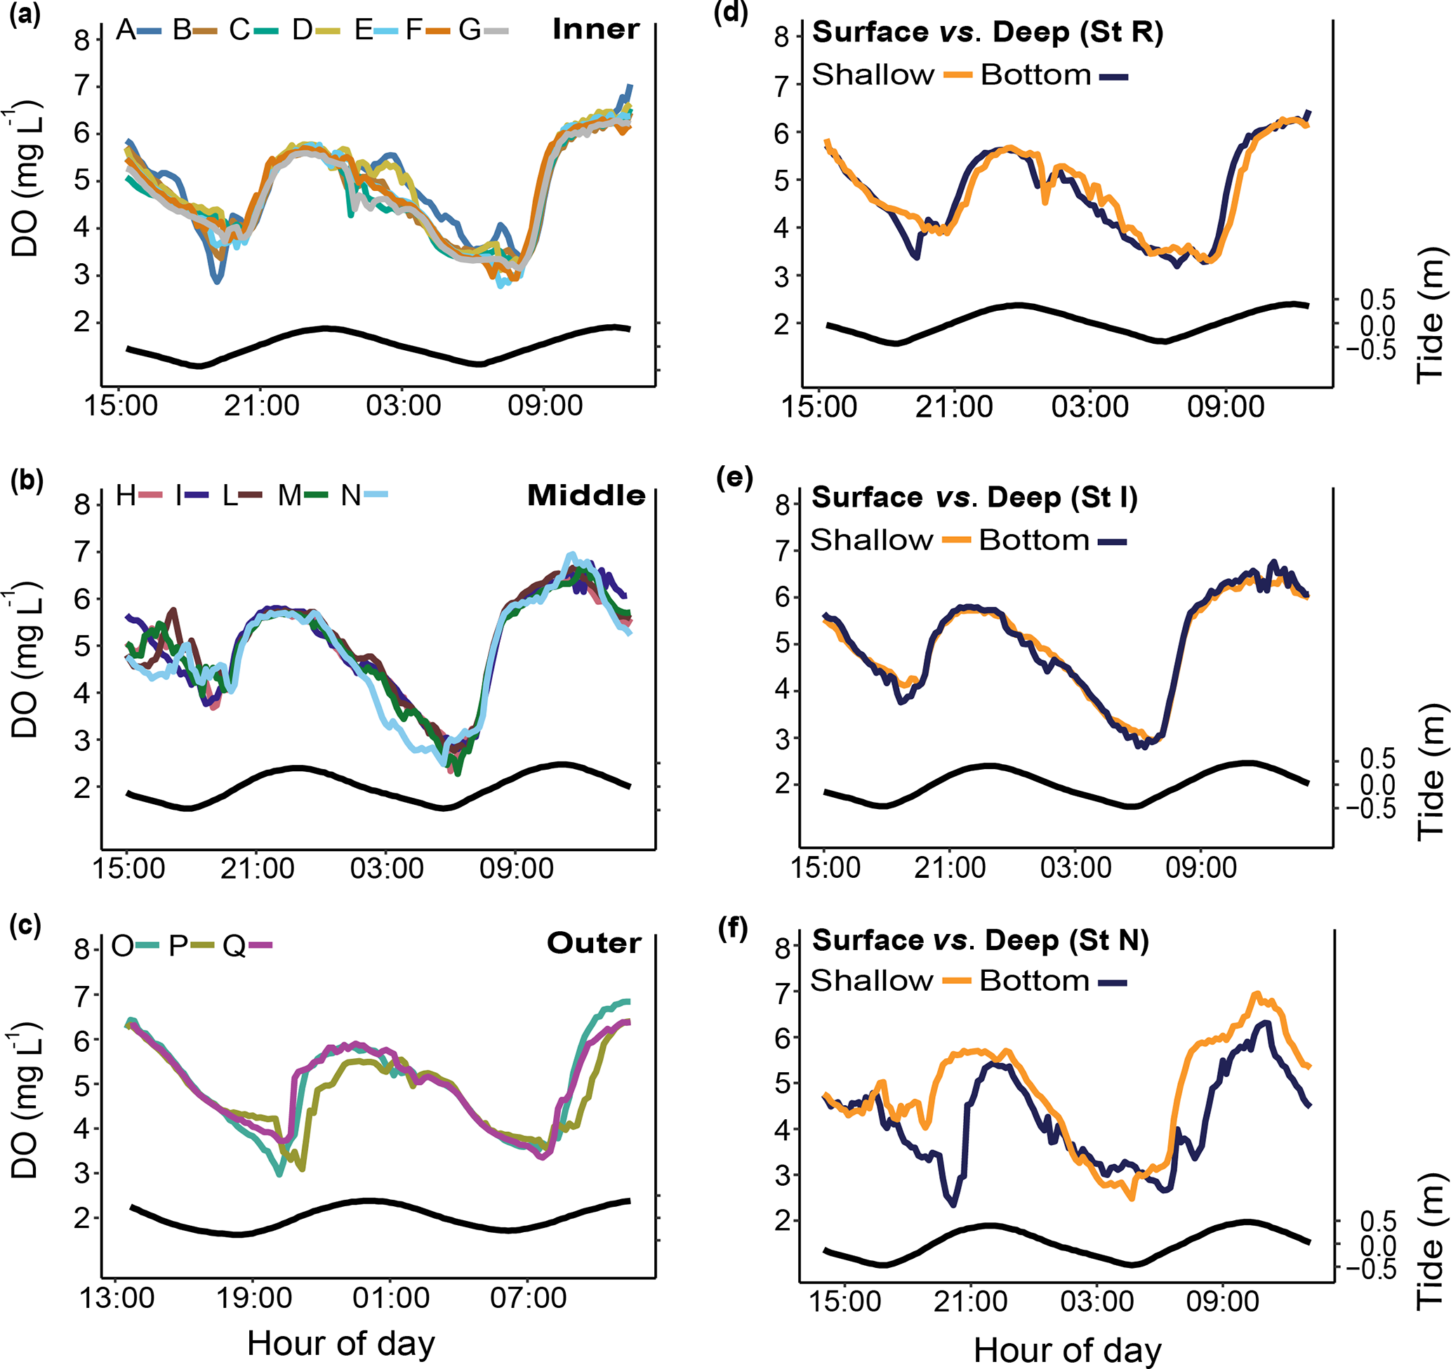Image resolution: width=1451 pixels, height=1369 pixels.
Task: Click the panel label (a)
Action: coord(24,16)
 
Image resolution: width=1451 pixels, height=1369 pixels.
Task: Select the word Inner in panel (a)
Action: coord(595,29)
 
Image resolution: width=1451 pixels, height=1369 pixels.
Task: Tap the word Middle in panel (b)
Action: coord(586,495)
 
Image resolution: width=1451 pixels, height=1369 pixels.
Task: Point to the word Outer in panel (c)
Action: coord(593,943)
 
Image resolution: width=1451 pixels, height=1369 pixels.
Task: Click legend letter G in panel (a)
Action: coord(470,30)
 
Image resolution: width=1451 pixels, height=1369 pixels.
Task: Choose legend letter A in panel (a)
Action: coord(125,30)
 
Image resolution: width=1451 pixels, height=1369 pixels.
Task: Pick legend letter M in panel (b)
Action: coord(290,496)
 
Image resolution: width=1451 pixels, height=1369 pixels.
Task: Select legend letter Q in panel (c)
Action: coord(234,946)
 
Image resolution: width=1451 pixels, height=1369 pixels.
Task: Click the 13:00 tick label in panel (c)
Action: coord(117,1298)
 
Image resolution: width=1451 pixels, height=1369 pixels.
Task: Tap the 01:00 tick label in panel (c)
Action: coord(391,1298)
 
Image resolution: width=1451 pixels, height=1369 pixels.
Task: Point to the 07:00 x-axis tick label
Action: coord(529,1298)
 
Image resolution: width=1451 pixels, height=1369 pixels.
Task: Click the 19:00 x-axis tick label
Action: coord(254,1298)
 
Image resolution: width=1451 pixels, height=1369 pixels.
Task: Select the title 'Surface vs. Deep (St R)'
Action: coord(987,32)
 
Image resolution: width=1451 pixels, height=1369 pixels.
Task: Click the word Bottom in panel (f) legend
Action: coord(1034,981)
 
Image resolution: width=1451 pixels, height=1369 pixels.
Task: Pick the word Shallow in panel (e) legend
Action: coord(871,540)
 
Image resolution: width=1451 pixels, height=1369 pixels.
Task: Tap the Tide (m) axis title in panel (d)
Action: coord(1431,315)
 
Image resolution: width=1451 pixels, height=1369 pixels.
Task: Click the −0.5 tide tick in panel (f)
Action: coord(1370,1270)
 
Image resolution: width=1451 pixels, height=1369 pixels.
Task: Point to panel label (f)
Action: coord(733,928)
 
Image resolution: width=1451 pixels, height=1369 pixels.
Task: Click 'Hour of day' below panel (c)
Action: coord(341,1344)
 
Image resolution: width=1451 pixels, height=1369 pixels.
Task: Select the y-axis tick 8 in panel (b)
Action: coord(81,505)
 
